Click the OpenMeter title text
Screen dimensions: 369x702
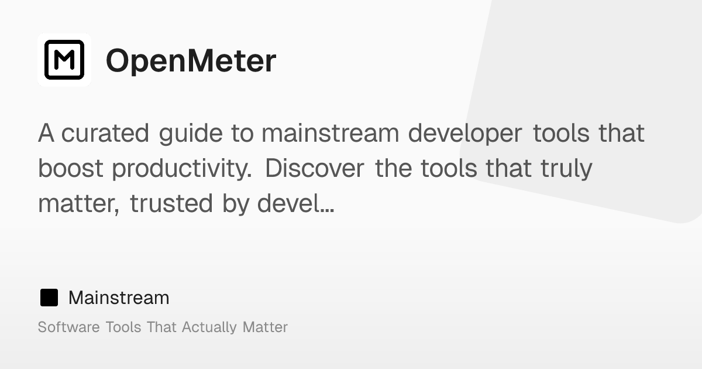[191, 61]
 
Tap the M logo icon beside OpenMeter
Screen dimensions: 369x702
[64, 60]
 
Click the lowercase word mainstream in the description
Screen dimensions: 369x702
[329, 134]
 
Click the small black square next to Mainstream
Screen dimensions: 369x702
[49, 298]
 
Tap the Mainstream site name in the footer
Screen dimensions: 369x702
[119, 298]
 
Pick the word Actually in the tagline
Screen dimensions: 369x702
[209, 327]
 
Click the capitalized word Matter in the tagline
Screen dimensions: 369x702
[265, 327]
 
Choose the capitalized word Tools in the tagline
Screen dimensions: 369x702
[123, 327]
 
